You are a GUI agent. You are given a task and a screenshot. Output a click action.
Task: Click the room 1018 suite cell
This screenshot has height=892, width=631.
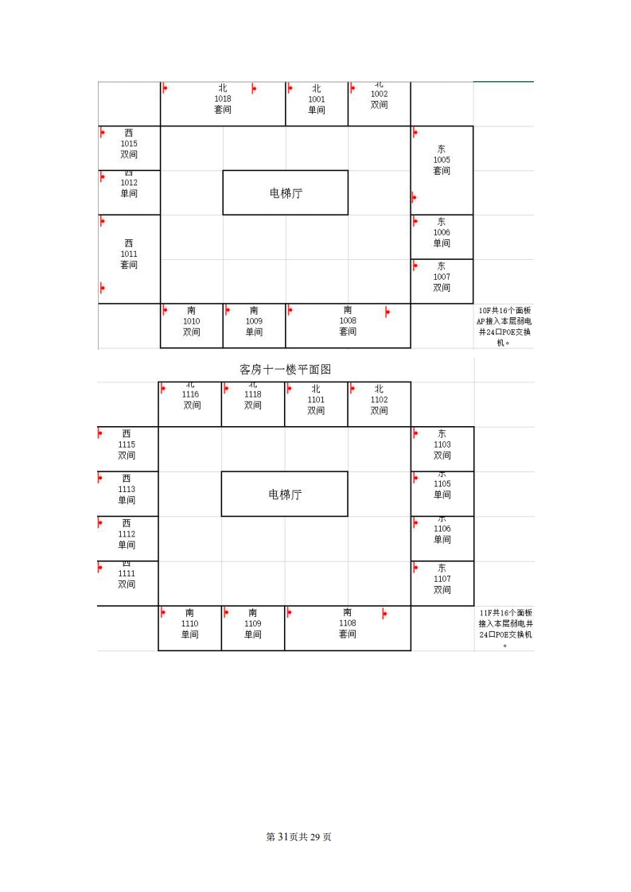click(x=223, y=99)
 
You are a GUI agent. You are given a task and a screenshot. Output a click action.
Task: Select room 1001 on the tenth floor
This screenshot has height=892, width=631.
click(x=317, y=99)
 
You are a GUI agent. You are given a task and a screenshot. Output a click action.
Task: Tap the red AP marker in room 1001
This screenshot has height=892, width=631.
click(x=290, y=88)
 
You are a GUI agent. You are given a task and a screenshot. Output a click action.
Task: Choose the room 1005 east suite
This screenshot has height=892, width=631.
click(x=442, y=160)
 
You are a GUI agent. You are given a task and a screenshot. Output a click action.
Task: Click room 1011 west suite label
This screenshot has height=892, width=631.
click(x=129, y=254)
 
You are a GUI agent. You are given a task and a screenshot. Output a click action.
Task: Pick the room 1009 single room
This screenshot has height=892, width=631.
click(x=254, y=321)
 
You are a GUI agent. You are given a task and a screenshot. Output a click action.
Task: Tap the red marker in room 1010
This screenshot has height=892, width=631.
click(x=165, y=310)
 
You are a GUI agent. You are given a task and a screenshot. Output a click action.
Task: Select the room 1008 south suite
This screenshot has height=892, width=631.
click(x=348, y=321)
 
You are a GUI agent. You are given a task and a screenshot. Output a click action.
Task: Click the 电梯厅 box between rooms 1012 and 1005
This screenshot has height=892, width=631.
click(x=286, y=192)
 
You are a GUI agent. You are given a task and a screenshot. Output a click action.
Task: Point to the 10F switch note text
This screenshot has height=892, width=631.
click(x=504, y=327)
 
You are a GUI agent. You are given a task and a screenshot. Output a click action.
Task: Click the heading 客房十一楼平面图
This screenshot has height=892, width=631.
click(x=285, y=370)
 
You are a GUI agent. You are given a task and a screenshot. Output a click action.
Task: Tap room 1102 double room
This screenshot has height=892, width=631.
click(x=380, y=400)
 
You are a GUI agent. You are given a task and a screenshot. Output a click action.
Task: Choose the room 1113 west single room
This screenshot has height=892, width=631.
click(x=127, y=490)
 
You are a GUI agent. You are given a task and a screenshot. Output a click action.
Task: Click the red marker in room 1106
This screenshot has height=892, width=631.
click(x=415, y=522)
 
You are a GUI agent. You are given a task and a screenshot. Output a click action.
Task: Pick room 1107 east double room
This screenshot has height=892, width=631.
click(x=442, y=579)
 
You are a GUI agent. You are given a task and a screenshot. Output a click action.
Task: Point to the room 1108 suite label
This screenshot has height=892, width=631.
click(x=348, y=623)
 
